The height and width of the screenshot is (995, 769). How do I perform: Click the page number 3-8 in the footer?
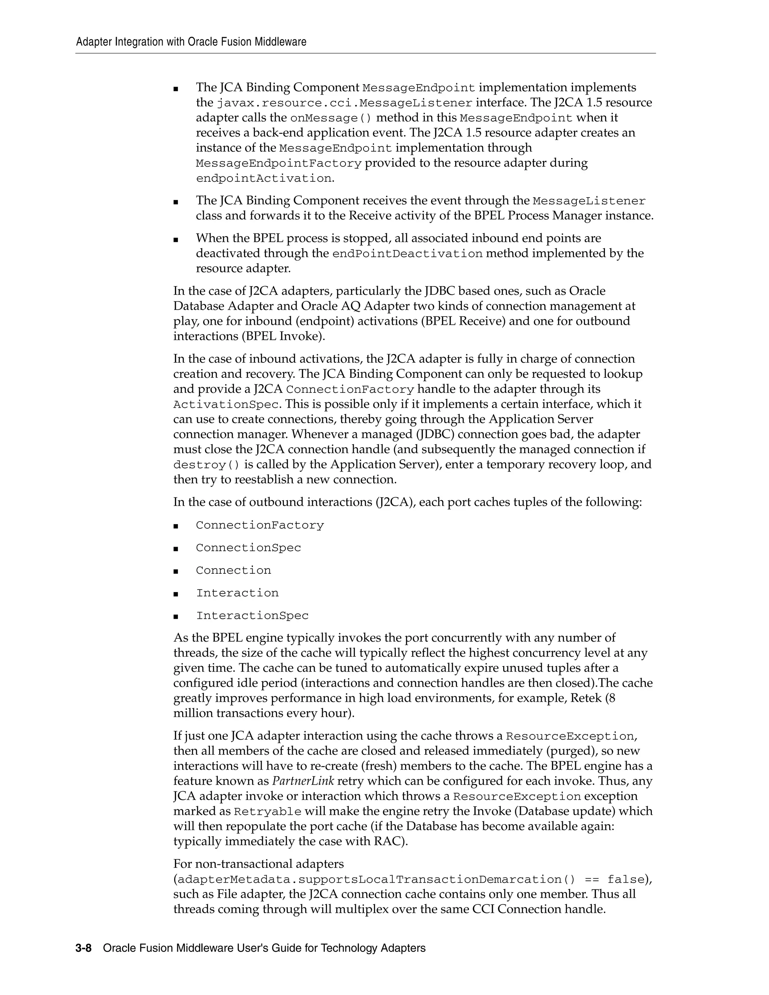(x=83, y=948)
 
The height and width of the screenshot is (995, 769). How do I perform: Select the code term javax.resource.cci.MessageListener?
(x=344, y=103)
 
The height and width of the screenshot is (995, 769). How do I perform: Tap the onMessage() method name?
(x=331, y=118)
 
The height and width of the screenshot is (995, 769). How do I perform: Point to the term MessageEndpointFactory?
(x=279, y=163)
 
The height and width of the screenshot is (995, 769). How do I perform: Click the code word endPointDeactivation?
(x=407, y=254)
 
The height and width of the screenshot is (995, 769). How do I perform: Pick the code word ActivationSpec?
(x=226, y=404)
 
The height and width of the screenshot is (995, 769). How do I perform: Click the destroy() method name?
(x=207, y=465)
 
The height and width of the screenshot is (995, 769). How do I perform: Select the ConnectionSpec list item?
(x=248, y=547)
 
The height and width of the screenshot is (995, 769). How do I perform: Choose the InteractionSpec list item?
(x=252, y=616)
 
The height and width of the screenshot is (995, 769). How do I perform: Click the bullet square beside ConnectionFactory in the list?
(x=176, y=526)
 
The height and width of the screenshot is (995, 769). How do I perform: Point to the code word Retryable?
(x=267, y=812)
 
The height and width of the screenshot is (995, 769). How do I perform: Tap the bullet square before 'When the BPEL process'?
(x=176, y=239)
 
